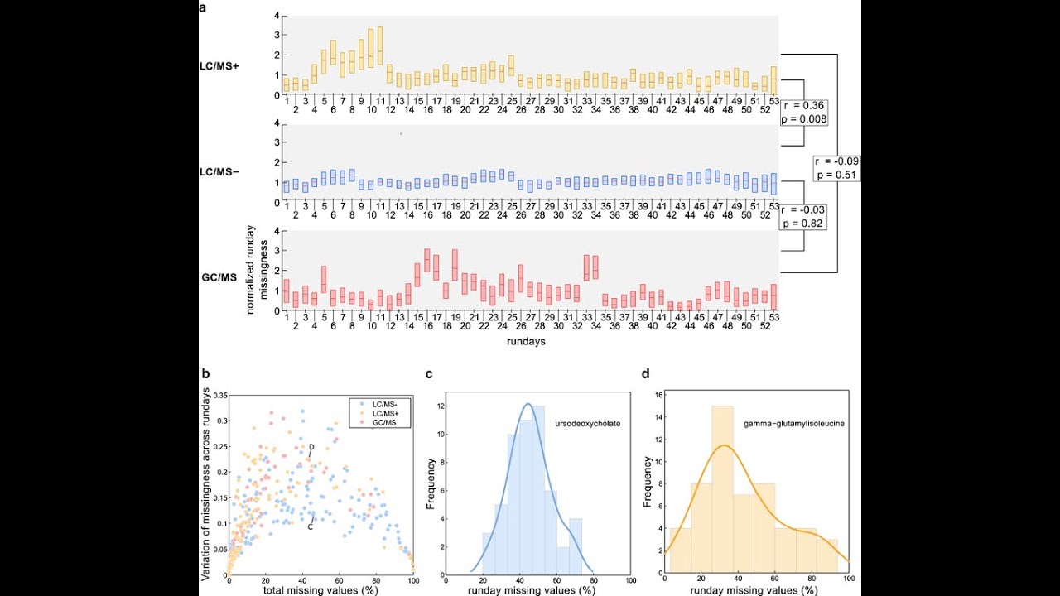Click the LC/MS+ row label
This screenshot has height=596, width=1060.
click(219, 65)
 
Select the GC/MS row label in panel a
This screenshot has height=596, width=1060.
click(219, 277)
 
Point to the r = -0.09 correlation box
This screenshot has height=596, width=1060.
click(836, 168)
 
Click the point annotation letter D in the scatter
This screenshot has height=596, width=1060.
click(311, 448)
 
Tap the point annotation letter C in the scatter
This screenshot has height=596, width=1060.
click(311, 526)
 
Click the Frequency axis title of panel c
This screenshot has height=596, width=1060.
click(431, 483)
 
